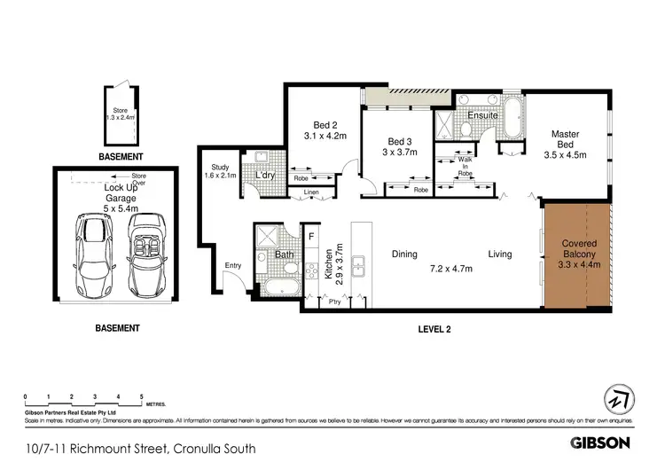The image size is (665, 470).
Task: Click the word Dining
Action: pyautogui.click(x=404, y=255)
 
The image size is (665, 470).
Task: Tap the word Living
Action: pyautogui.click(x=499, y=255)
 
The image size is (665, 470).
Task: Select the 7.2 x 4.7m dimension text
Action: pyautogui.click(x=452, y=268)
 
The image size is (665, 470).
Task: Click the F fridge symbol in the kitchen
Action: pyautogui.click(x=310, y=236)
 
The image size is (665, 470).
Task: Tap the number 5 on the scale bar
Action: pyautogui.click(x=141, y=396)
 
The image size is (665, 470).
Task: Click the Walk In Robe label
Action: pyautogui.click(x=465, y=168)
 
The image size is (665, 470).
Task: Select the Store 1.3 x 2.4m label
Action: pyautogui.click(x=117, y=114)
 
